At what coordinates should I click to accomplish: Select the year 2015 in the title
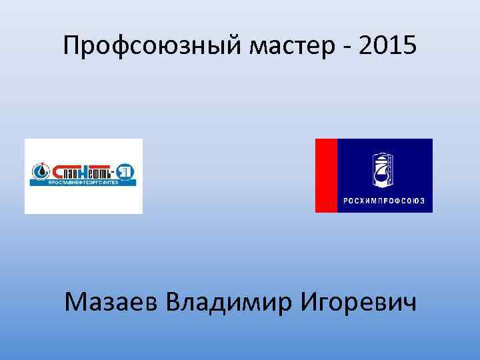(387, 46)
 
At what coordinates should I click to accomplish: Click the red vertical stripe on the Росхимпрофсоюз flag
(326, 175)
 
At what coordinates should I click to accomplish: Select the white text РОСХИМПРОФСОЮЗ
(385, 201)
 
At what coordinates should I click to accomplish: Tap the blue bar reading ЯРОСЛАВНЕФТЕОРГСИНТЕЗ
(83, 183)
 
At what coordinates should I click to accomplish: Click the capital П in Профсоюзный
(72, 46)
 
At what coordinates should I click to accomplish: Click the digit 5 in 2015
(409, 46)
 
